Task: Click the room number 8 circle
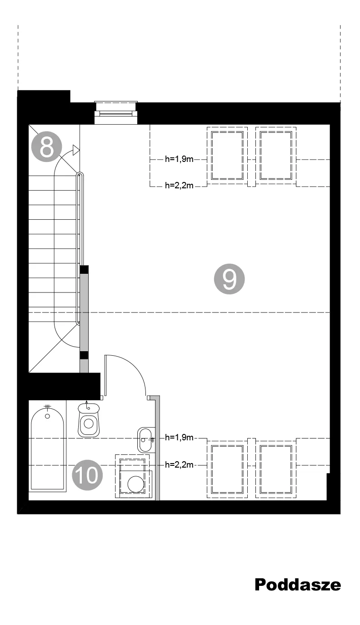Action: tap(46, 147)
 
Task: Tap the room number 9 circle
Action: tap(229, 279)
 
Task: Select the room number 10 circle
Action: tap(87, 475)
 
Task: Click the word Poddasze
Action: tap(298, 585)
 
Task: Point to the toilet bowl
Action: tap(89, 420)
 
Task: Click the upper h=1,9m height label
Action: tap(179, 159)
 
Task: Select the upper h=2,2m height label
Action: tap(179, 185)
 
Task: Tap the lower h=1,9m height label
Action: tap(179, 437)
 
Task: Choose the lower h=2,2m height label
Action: tap(179, 464)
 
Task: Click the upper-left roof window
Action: tap(227, 156)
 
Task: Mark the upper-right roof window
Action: tap(276, 156)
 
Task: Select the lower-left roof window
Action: tap(227, 469)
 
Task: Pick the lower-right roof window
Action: tap(276, 469)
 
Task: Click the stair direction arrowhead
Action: tap(76, 150)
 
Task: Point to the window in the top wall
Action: tap(116, 112)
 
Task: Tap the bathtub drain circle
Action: tap(47, 416)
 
